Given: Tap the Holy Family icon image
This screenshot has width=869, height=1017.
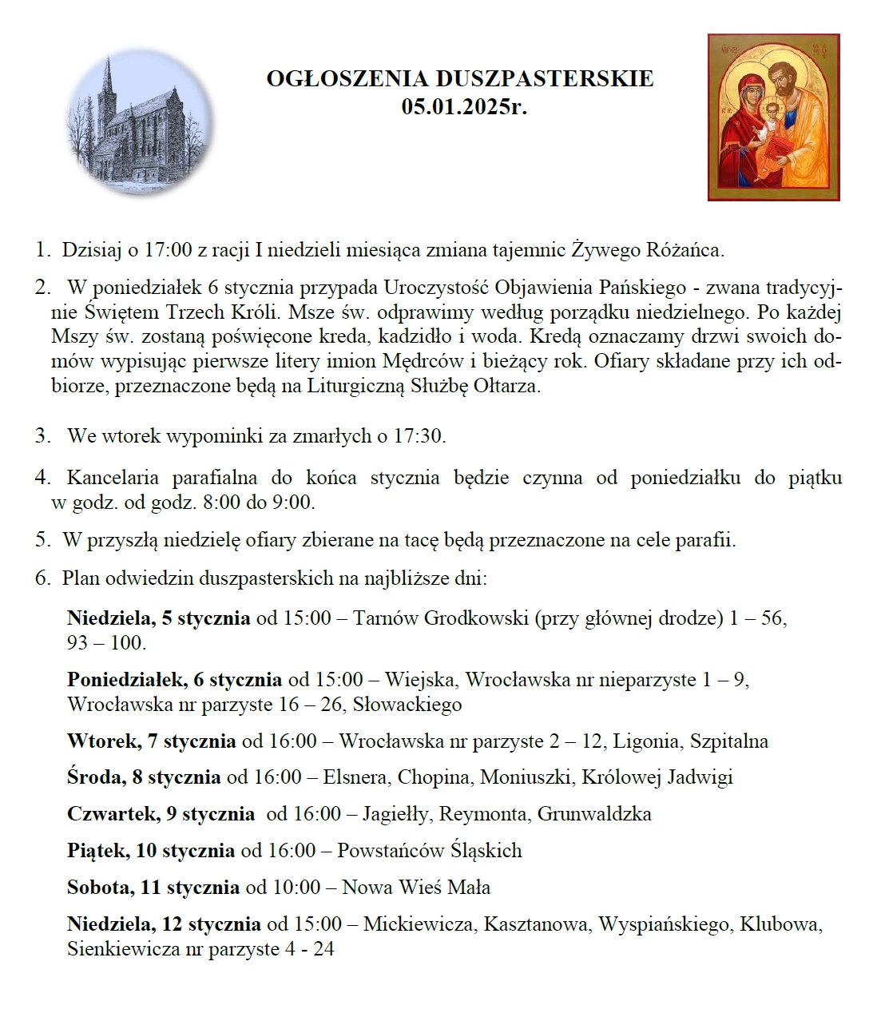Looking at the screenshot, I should tap(773, 117).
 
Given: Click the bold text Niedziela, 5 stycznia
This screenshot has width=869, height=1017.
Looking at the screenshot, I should tap(158, 618).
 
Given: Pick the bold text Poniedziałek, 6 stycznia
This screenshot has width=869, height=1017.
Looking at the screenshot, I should tap(174, 680).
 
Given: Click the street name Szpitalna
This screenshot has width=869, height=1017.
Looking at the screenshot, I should tap(729, 741).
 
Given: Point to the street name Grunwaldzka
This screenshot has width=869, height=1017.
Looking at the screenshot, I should tap(594, 814).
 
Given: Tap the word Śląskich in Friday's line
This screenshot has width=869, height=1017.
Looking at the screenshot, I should tap(486, 851).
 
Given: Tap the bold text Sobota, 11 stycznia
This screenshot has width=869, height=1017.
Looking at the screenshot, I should tap(153, 888).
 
